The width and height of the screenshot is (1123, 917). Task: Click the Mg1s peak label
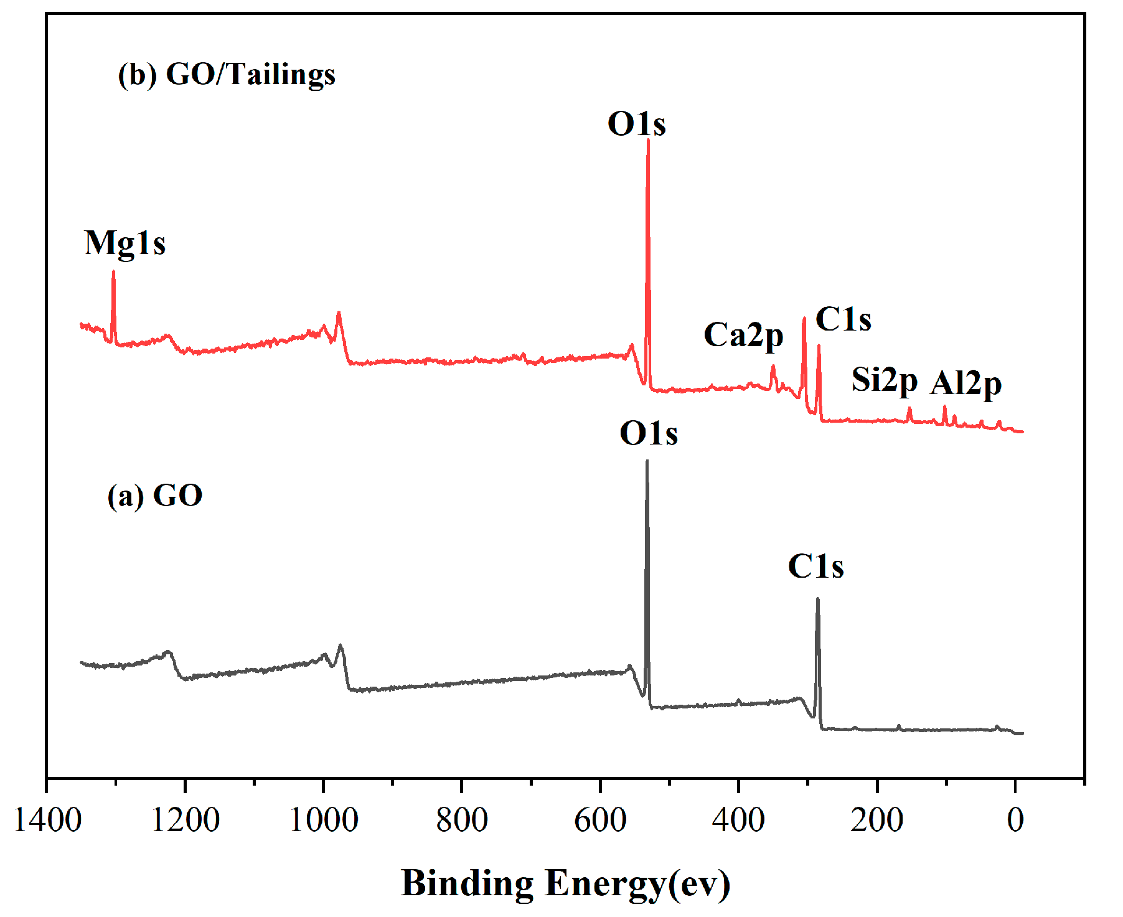tap(125, 243)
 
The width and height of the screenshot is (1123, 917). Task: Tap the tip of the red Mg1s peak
tap(113, 272)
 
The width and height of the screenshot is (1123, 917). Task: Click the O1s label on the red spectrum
tap(636, 124)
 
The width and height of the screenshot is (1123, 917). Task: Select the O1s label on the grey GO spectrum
tap(648, 433)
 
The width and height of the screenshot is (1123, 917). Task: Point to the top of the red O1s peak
tap(648, 140)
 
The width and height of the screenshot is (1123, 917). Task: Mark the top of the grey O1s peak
tap(647, 461)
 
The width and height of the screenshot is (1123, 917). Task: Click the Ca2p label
tap(743, 336)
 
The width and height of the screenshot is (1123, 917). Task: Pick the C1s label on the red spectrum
tap(843, 320)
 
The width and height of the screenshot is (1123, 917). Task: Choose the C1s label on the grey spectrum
tap(815, 567)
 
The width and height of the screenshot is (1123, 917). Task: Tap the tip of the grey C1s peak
tap(817, 600)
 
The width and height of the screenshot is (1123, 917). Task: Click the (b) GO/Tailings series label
tap(227, 75)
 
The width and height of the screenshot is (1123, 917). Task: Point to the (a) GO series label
tap(155, 496)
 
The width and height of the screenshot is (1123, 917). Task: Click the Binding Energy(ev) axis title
tap(565, 883)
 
